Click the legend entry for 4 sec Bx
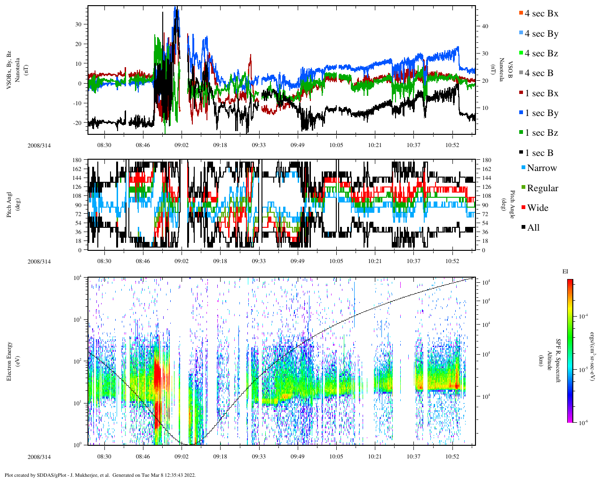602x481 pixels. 541,14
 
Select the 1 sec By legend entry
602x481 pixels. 541,113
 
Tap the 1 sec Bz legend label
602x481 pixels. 541,133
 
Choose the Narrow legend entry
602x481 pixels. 541,168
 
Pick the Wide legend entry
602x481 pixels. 537,208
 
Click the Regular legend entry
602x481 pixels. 542,188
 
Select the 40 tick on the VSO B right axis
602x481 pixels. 485,26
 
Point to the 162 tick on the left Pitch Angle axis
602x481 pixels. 77,169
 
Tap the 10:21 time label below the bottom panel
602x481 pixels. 375,457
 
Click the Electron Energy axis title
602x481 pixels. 9,361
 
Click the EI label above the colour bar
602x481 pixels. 565,272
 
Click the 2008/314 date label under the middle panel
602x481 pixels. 39,262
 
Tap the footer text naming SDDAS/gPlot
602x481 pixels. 100,475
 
